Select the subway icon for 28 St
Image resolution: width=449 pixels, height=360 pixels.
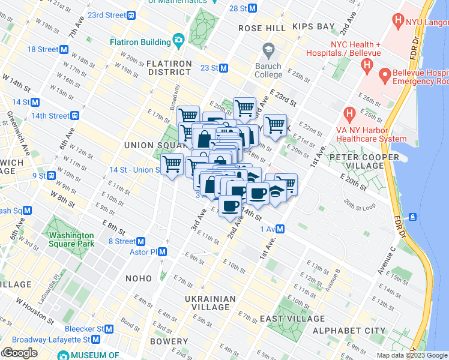click(x=253, y=8)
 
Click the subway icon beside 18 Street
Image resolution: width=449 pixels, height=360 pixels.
click(x=64, y=49)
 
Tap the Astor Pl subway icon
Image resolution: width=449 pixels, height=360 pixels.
click(x=162, y=252)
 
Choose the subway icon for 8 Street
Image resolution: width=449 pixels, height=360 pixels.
click(x=141, y=241)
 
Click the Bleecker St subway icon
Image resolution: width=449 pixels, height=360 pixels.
click(x=109, y=329)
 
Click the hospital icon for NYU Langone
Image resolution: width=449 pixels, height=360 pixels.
click(x=397, y=20)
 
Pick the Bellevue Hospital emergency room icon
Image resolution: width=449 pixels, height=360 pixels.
click(x=384, y=76)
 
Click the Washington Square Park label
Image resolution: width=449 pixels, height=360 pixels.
click(x=71, y=239)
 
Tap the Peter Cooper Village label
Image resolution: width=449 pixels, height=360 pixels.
click(x=364, y=162)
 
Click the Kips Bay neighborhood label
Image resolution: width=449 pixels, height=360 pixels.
click(x=313, y=27)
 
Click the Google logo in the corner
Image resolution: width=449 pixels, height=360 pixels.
click(x=20, y=353)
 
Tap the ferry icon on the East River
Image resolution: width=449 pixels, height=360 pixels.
click(x=414, y=216)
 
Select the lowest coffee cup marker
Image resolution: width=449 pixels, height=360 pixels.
click(x=230, y=206)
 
